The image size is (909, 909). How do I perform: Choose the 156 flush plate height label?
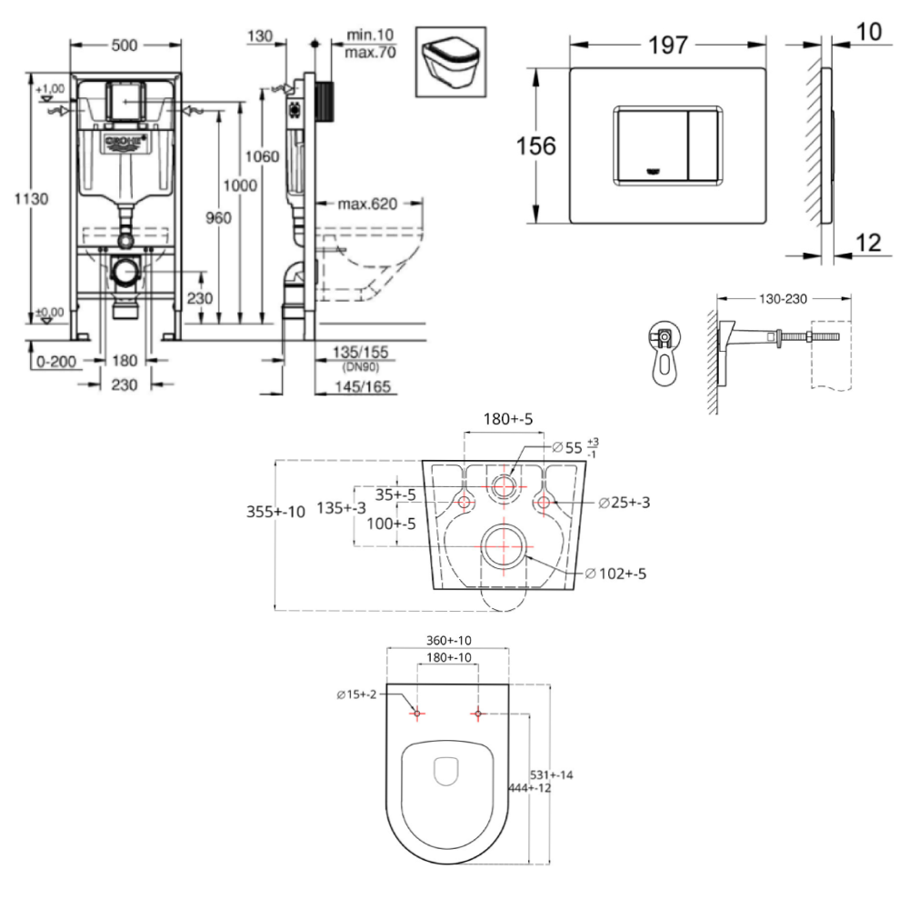point(536,145)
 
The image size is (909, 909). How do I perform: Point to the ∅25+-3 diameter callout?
point(626,503)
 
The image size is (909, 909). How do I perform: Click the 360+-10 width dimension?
point(446,640)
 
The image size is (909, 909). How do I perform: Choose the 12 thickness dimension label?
point(868,242)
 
